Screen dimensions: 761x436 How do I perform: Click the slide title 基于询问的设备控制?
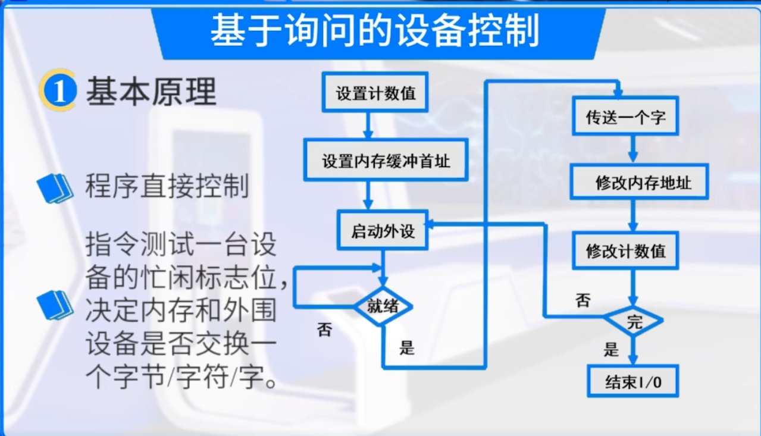375,31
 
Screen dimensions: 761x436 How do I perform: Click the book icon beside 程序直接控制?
55,188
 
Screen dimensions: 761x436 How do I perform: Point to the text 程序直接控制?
167,187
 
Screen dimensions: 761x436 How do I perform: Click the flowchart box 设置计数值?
375,93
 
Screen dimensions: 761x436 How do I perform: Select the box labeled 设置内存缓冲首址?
386,161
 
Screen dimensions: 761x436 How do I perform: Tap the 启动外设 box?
383,230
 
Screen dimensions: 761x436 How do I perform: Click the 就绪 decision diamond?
383,307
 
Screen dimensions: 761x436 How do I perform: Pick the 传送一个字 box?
625,117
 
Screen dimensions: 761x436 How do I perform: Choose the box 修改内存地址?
639,183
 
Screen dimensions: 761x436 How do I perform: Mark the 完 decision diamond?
634,322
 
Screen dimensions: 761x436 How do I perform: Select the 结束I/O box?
633,381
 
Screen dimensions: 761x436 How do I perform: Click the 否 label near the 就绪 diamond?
325,331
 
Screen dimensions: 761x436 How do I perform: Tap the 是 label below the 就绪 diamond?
407,348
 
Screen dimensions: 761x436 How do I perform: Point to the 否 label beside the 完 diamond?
583,300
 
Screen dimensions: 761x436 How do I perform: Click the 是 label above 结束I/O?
612,350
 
